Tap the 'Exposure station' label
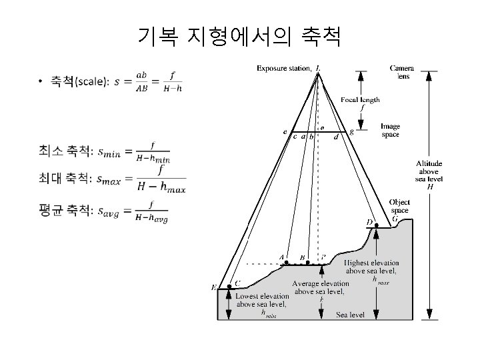284,67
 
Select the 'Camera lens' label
401,72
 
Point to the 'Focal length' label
361,100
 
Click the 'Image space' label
390,130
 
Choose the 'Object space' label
399,206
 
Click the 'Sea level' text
350,314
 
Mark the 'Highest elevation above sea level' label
371,267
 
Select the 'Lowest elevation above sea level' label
261,300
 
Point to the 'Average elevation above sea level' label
321,287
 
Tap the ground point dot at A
287,263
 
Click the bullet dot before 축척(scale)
41,82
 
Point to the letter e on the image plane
285,132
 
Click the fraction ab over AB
141,81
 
